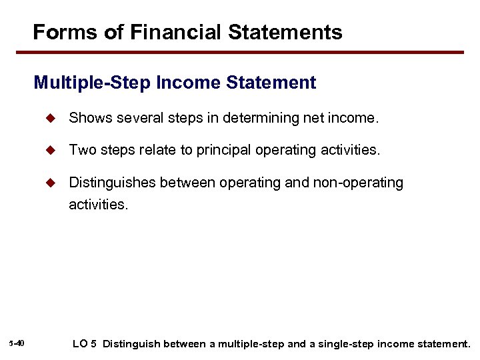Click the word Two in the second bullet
point(81,151)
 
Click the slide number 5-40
point(17,343)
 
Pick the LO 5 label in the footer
point(84,344)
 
